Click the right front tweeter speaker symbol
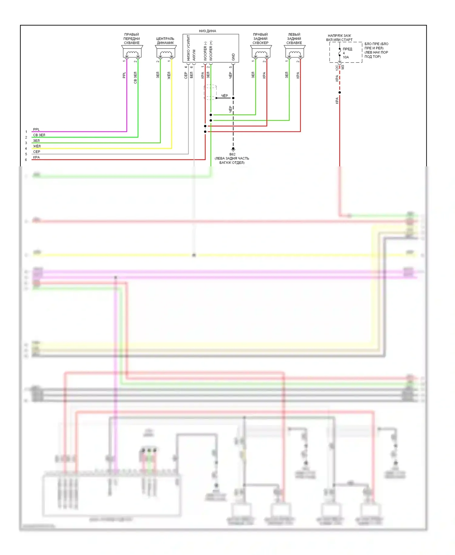[132, 52]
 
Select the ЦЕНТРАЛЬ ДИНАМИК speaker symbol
[166, 52]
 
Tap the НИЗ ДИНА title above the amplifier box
[207, 31]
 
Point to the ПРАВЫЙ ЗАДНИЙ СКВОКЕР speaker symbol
[261, 52]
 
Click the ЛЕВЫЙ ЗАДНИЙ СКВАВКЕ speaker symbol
[294, 52]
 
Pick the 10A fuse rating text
[346, 57]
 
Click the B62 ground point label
[232, 154]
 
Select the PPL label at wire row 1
[36, 130]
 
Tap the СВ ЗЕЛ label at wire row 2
[39, 135]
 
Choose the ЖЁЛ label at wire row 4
[37, 146]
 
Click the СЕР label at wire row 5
[37, 152]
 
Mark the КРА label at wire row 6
[36, 157]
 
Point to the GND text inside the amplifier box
[233, 57]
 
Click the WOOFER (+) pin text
[211, 51]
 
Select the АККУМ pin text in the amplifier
[194, 55]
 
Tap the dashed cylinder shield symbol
[210, 92]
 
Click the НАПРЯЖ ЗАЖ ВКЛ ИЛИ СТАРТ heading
[339, 38]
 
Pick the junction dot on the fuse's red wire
[340, 92]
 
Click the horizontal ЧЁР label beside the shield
[224, 96]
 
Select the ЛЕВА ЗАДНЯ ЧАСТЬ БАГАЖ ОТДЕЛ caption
[232, 160]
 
